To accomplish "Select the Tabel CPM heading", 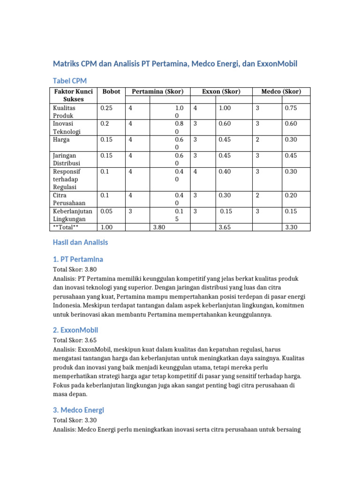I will click(x=69, y=81).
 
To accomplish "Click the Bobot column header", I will click(x=111, y=91).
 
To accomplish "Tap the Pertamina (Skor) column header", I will click(x=157, y=91).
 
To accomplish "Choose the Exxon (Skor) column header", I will click(x=221, y=91).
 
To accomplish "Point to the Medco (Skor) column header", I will click(x=281, y=91).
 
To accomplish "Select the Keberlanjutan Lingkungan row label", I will click(x=72, y=215).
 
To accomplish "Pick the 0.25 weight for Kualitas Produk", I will click(x=107, y=108).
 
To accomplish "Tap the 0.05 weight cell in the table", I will click(x=107, y=211).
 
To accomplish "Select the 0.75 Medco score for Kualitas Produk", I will click(x=291, y=108).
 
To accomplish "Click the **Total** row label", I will click(x=68, y=227).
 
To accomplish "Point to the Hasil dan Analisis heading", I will click(x=80, y=242).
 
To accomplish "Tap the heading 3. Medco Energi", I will click(x=78, y=410).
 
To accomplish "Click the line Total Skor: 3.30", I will click(x=77, y=420).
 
